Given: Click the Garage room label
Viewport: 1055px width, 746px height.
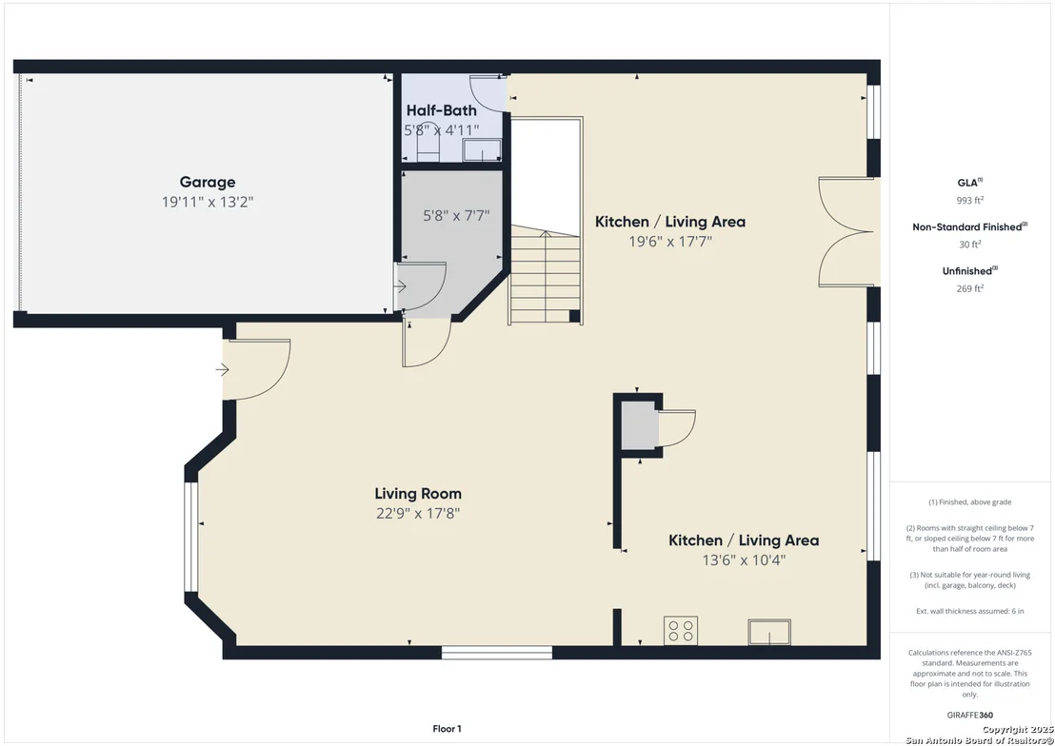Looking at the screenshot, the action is coord(208,182).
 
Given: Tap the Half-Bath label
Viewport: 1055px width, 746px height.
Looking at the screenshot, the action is coord(442,110).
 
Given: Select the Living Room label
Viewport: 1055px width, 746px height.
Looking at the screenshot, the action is coord(418,493).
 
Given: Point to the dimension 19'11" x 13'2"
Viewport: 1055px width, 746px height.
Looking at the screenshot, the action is coord(208,202).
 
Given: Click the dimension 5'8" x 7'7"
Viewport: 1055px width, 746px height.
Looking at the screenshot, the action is coord(456,215).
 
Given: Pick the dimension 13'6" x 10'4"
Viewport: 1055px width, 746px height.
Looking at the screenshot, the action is coord(745,559).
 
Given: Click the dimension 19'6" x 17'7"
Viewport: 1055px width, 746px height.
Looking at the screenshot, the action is coord(670,241).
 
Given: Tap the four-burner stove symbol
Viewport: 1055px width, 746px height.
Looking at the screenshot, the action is coord(680,630).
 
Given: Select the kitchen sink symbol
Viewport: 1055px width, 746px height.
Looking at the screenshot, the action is coord(769,633).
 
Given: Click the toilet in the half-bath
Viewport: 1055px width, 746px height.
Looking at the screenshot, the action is coord(428,143).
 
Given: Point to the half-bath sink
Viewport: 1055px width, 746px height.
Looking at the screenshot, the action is coord(482,150).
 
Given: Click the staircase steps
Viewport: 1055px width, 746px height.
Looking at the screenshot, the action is coord(545,274).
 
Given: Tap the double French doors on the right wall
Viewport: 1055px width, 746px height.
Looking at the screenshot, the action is coord(846,232).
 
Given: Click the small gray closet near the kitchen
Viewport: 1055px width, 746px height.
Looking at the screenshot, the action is coord(639,425).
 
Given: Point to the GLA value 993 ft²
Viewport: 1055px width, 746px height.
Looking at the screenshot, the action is coord(969,200).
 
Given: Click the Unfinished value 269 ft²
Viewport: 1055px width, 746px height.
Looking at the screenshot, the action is coord(969,288).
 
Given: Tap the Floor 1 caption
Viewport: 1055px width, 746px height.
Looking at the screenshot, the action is coord(447,729).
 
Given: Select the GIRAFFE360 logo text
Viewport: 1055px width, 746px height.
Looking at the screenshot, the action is coord(969,715).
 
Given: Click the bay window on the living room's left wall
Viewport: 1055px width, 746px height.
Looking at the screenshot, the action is coord(190,536).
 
